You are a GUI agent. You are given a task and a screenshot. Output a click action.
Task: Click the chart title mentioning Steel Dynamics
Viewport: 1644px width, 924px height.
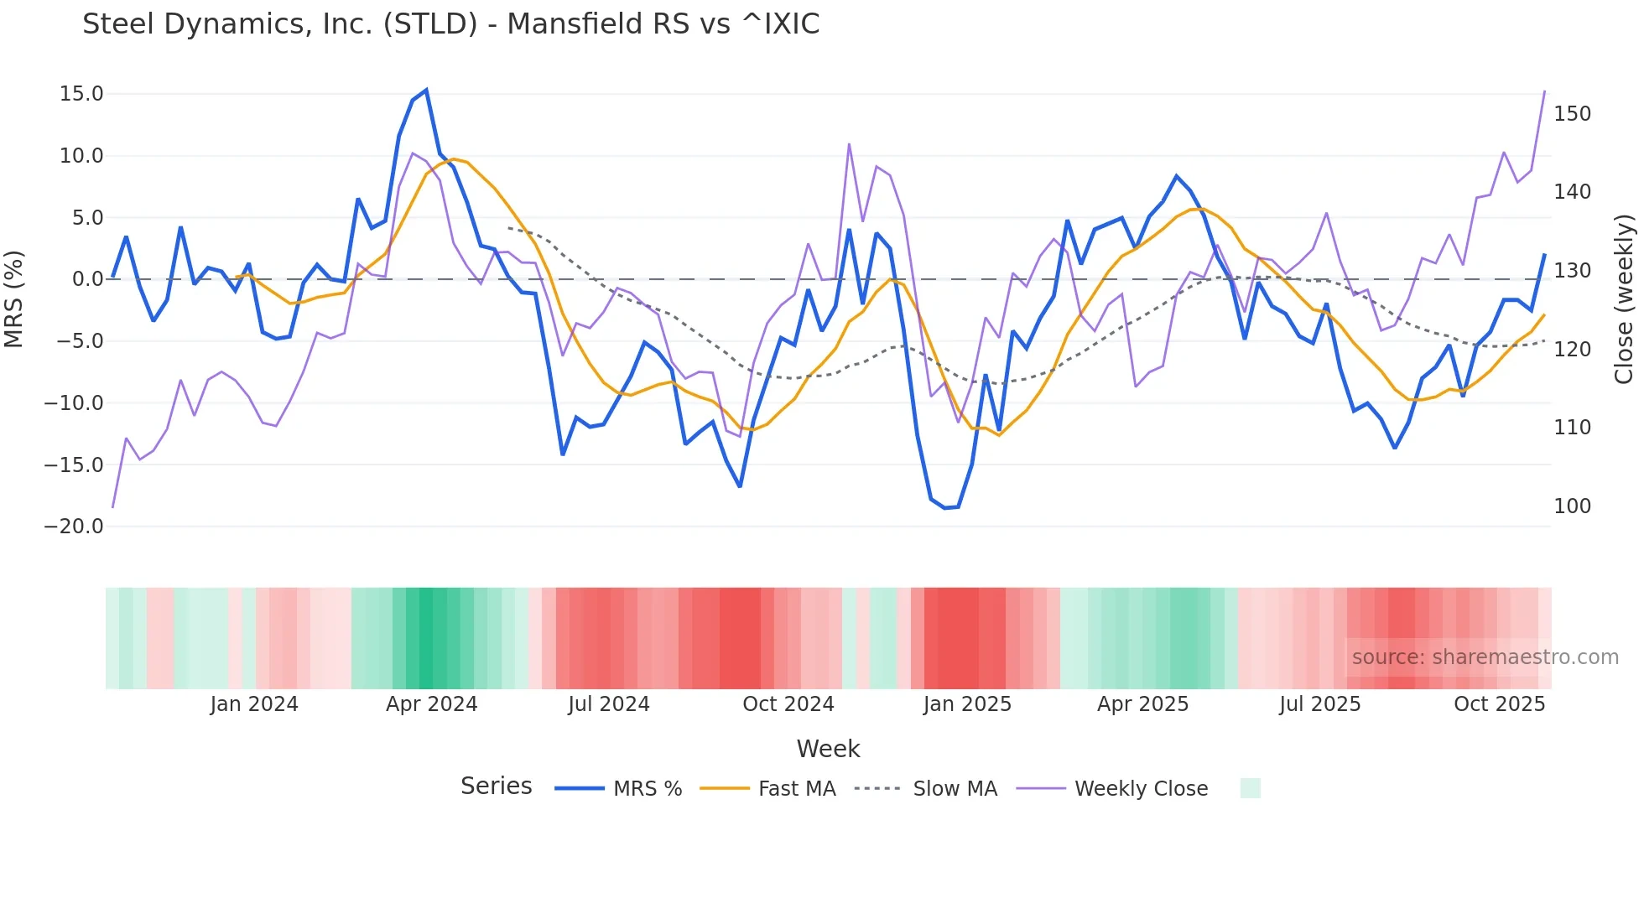click(x=450, y=24)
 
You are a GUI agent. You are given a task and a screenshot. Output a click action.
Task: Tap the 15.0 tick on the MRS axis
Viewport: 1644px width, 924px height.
click(x=81, y=94)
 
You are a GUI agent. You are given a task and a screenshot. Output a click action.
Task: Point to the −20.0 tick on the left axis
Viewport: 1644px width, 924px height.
click(x=74, y=527)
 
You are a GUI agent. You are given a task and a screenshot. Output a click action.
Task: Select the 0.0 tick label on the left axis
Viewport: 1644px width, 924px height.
click(x=87, y=279)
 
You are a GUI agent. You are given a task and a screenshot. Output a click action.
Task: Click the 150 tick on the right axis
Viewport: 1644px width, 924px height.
click(x=1572, y=114)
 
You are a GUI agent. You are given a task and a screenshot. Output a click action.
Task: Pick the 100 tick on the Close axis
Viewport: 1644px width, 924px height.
click(x=1572, y=506)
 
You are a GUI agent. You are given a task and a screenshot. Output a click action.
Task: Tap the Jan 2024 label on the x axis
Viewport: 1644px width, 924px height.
click(x=254, y=704)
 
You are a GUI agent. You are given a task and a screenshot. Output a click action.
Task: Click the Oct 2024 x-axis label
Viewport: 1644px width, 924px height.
click(x=788, y=704)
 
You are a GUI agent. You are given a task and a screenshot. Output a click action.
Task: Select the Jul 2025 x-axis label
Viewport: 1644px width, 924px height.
click(x=1319, y=704)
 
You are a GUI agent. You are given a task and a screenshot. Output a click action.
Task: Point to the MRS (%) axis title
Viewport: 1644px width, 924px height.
click(x=14, y=298)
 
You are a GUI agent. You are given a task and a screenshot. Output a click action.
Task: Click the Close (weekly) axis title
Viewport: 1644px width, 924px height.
click(x=1624, y=298)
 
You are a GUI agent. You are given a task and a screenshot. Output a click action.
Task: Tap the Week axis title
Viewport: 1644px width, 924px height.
click(x=828, y=749)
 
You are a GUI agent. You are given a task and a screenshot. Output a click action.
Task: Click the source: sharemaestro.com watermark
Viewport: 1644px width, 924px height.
click(x=1485, y=657)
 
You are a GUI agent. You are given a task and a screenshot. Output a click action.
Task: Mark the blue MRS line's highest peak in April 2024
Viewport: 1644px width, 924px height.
click(x=426, y=90)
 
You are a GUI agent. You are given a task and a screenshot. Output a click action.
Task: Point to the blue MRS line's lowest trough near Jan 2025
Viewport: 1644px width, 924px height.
click(x=944, y=508)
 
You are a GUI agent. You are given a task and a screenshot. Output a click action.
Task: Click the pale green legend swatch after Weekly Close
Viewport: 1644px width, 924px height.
click(x=1250, y=788)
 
